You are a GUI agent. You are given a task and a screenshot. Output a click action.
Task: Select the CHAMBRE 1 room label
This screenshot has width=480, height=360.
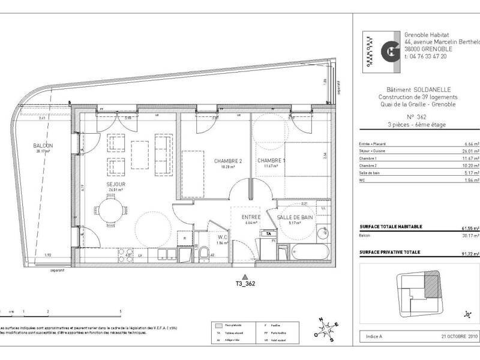271,161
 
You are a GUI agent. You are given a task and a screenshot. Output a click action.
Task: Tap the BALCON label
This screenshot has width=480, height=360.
43,146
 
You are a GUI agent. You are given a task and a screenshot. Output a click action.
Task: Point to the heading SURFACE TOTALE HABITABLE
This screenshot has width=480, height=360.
391,226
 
